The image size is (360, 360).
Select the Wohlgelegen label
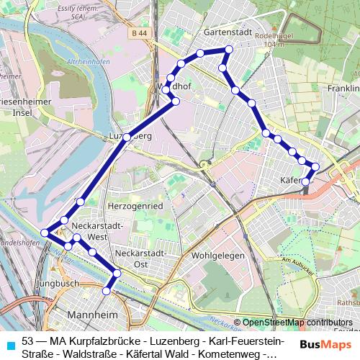(218, 256)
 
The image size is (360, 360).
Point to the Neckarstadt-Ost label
(141, 258)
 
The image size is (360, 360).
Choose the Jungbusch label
(60, 284)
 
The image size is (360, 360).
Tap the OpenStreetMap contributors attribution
(297, 323)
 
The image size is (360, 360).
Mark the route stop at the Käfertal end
(306, 182)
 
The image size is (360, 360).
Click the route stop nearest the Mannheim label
(107, 291)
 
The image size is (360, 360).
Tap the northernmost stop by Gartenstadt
(228, 49)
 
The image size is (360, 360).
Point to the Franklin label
(341, 89)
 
